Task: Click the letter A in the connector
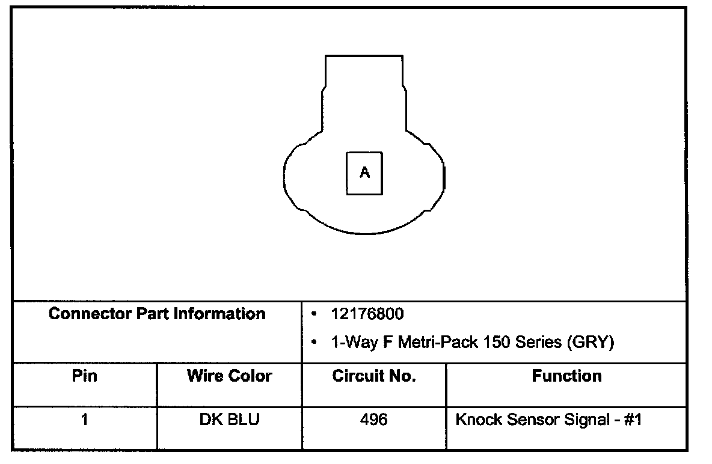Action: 364,172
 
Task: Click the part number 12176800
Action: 367,314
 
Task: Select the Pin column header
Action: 84,376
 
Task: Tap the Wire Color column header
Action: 229,376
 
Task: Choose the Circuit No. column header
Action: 374,376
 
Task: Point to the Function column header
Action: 566,376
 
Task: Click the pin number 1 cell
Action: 84,419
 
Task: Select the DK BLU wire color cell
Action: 229,419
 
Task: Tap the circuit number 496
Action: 373,419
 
